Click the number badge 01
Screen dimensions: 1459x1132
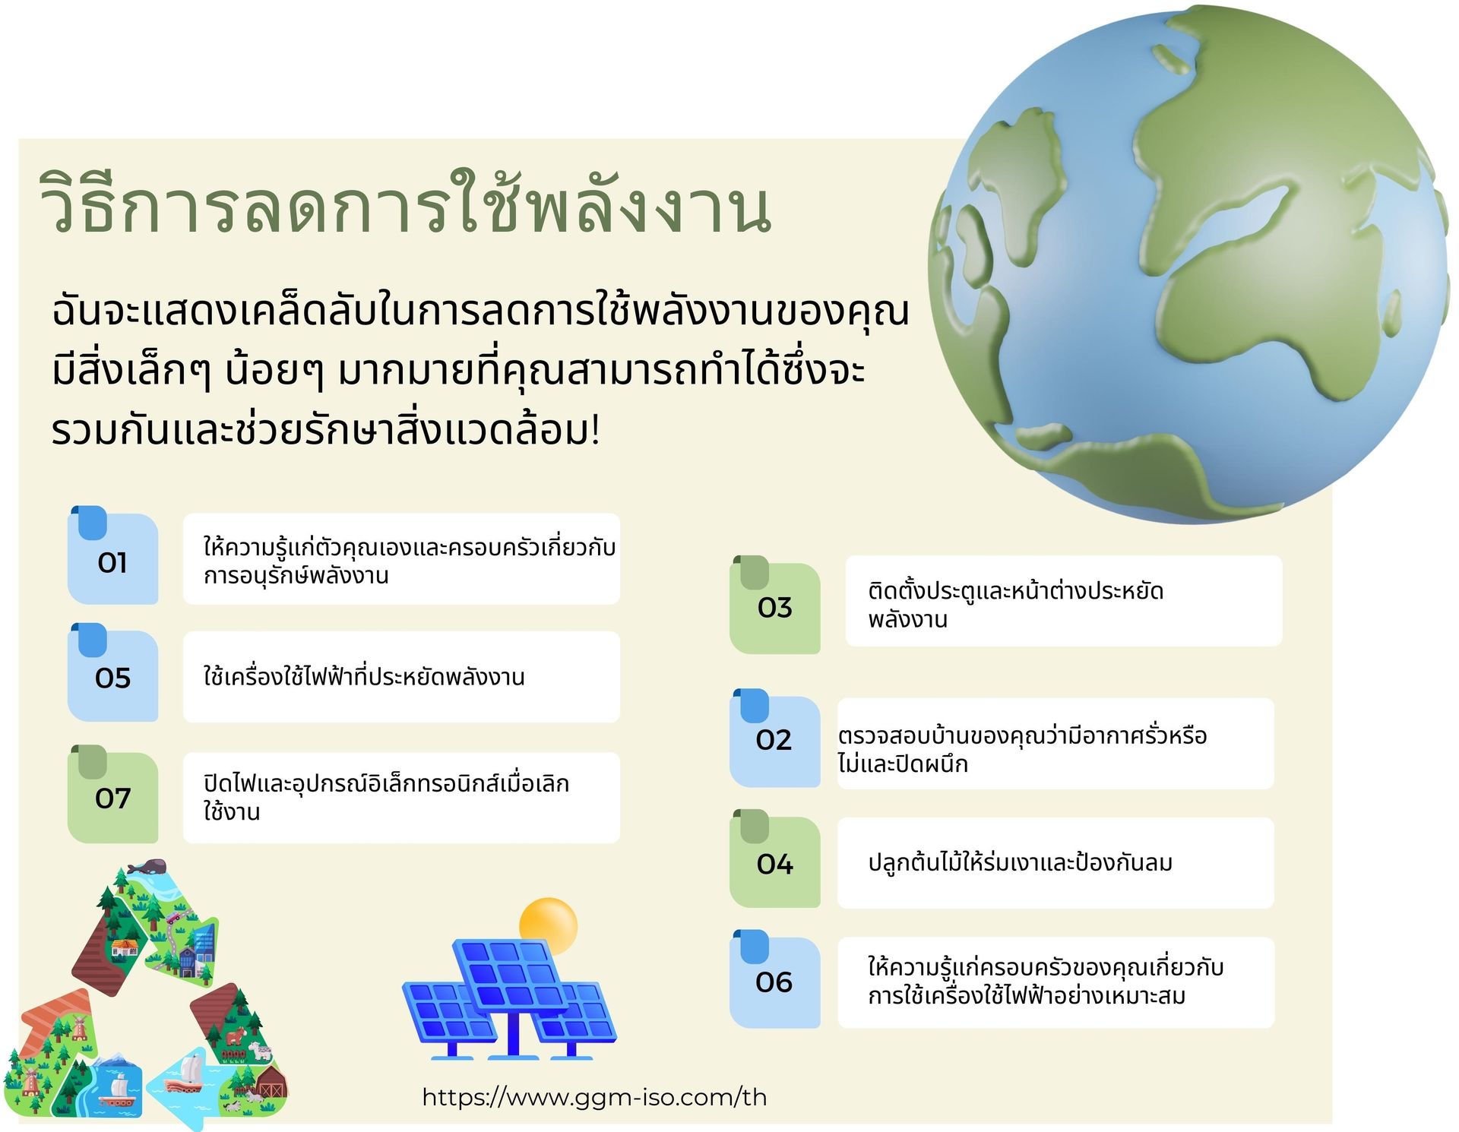(x=113, y=558)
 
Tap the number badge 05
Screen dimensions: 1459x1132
(x=113, y=675)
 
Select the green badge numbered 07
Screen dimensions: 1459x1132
(x=113, y=796)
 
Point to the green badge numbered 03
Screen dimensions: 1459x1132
(x=775, y=606)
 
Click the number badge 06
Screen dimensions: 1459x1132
(x=775, y=981)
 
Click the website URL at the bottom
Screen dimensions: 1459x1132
(x=594, y=1097)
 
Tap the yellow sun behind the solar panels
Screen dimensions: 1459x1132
(x=549, y=925)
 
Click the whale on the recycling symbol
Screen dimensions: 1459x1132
(x=147, y=867)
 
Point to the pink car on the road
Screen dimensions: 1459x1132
(x=174, y=917)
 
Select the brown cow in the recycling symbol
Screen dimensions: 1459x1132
(x=235, y=1036)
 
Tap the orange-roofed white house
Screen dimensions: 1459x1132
(x=125, y=947)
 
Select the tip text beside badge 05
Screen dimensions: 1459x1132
(x=364, y=675)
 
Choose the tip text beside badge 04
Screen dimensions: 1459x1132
(x=1021, y=862)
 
